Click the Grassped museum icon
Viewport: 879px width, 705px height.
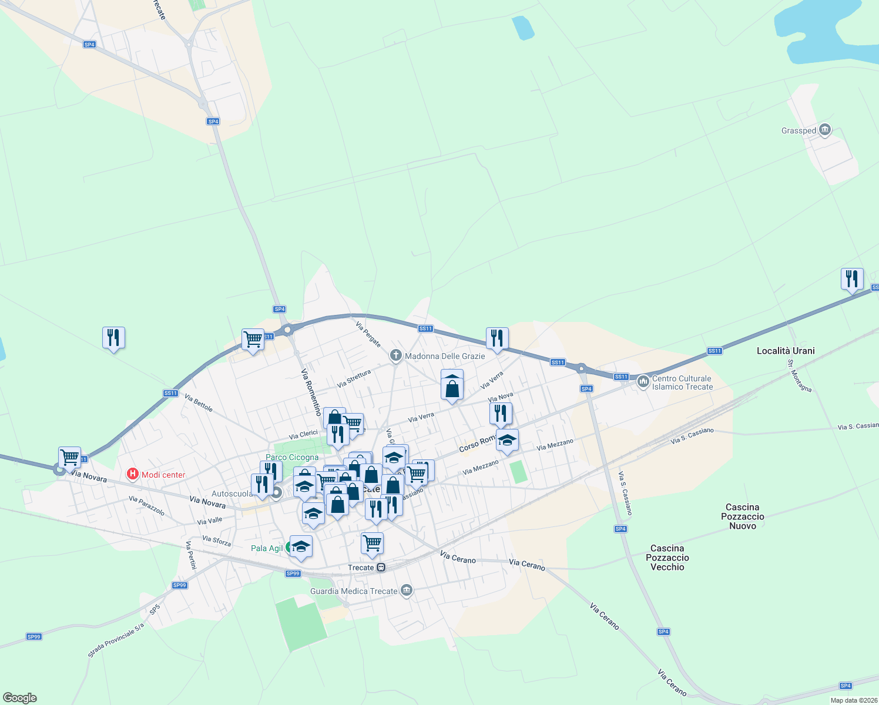coord(824,130)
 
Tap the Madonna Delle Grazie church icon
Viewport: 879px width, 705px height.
coord(395,355)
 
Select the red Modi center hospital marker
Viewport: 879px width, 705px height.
coord(133,474)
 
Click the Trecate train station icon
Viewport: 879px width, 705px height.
coord(381,568)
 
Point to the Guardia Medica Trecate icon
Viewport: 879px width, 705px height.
coord(406,590)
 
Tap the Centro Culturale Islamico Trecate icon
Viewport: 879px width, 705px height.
coord(643,382)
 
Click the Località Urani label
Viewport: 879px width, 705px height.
coord(786,351)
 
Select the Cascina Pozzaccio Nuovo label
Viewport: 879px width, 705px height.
coord(743,516)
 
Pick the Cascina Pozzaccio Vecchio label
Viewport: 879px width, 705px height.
coord(667,558)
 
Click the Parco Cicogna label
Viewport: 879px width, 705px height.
coord(292,457)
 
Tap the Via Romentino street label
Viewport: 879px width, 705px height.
coord(311,392)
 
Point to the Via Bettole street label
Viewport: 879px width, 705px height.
coord(199,403)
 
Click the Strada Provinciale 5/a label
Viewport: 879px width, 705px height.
coord(116,640)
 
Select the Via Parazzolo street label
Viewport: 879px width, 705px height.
coord(147,506)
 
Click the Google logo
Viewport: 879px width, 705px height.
coord(20,697)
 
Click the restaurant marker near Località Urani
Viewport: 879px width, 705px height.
coord(852,278)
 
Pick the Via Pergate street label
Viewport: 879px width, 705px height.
coord(368,334)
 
